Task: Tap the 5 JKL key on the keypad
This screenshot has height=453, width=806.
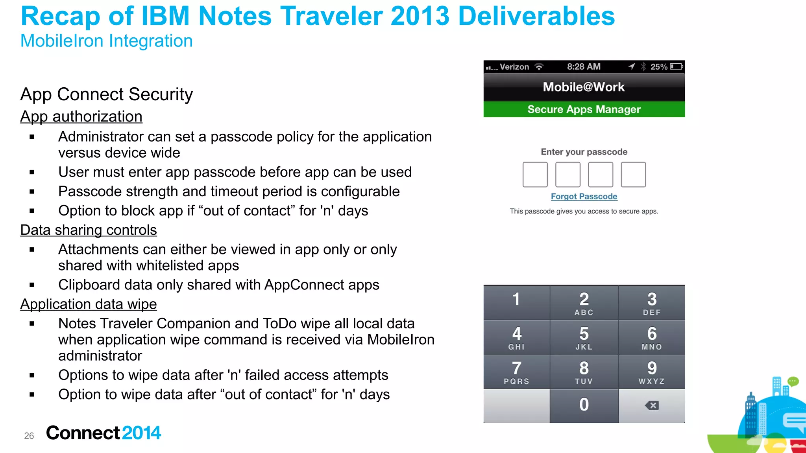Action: point(584,337)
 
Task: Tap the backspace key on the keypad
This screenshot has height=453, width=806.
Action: point(652,406)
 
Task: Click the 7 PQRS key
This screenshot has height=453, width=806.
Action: point(516,372)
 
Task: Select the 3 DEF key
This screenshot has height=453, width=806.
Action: point(652,303)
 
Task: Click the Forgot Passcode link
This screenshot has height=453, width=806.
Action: point(584,197)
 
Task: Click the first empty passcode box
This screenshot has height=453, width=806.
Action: point(535,175)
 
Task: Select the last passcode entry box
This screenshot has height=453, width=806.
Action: point(633,175)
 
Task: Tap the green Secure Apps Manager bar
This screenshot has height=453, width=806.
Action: point(584,109)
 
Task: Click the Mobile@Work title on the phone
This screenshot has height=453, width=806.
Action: point(584,87)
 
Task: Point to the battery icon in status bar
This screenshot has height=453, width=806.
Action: point(677,66)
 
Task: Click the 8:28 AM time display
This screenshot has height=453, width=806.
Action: point(584,67)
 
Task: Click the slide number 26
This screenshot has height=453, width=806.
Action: point(29,436)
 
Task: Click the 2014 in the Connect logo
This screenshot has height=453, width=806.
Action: point(141,433)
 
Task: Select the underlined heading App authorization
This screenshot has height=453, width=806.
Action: point(81,117)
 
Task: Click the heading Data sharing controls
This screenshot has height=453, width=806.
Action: point(89,230)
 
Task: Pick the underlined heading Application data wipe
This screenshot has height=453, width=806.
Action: point(89,304)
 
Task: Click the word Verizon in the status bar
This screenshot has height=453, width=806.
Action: point(514,67)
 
